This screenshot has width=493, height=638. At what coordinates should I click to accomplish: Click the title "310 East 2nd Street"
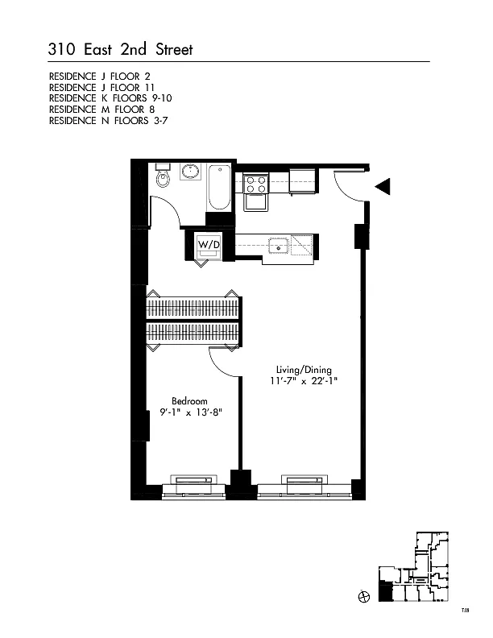tap(121, 50)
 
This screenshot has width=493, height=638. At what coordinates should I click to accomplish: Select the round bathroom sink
tap(192, 173)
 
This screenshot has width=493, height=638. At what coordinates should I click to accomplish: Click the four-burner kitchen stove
tap(256, 184)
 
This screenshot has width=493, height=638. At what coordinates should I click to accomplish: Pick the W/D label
tap(209, 243)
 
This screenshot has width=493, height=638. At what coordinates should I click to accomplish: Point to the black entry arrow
tap(383, 187)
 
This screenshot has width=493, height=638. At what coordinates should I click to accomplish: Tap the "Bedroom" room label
tap(189, 400)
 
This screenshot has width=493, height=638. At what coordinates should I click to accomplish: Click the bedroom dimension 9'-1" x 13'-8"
tap(189, 412)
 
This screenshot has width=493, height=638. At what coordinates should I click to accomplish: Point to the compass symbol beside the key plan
tap(363, 597)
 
